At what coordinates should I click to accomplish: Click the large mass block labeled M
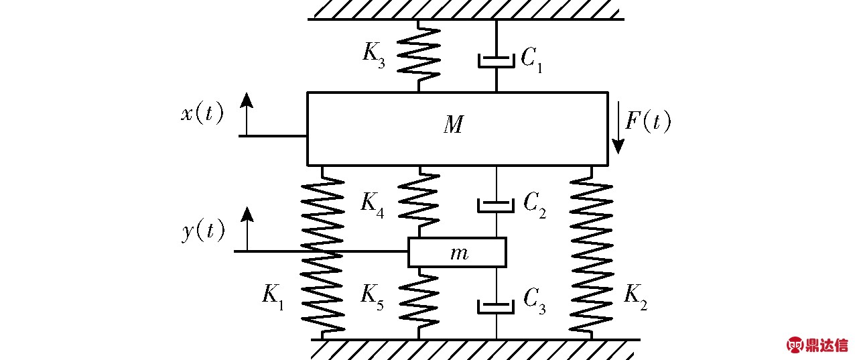point(457,129)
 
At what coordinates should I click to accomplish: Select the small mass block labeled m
point(457,252)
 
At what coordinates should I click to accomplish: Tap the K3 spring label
point(374,57)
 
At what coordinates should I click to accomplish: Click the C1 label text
point(531,60)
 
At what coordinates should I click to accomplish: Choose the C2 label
point(535,205)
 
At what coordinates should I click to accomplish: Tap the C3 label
point(535,301)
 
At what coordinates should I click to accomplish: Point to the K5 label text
point(372,298)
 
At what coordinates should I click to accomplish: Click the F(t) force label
point(648,121)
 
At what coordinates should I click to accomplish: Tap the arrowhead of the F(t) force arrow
point(618,147)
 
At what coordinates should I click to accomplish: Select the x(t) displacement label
point(202,113)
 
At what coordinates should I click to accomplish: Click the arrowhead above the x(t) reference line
point(247,100)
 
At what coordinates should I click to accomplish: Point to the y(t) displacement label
point(203,231)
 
